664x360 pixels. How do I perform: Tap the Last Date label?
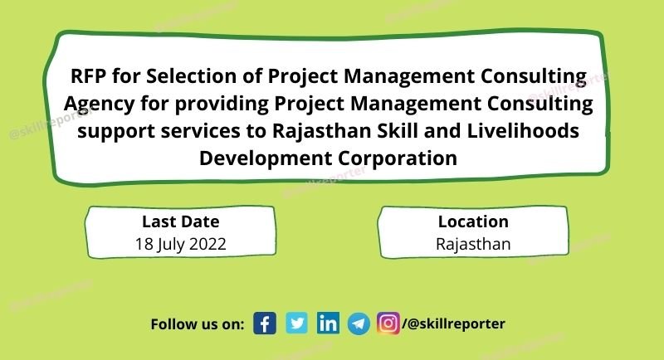pos(180,221)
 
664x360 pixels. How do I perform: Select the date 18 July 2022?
pos(180,245)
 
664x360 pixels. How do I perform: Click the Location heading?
pos(473,221)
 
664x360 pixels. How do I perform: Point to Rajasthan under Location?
pos(473,245)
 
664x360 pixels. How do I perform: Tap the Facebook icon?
pos(265,324)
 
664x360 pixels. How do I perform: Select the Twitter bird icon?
pos(296,324)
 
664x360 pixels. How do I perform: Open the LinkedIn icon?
pos(328,324)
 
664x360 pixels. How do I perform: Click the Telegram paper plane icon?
pos(359,324)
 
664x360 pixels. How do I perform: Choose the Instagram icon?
pos(388,324)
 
